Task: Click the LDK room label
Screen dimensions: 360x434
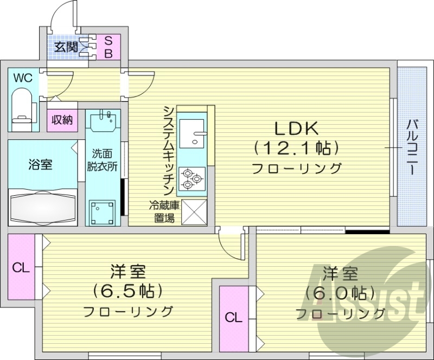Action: tap(296, 128)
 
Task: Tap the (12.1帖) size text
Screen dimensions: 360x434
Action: tap(296, 147)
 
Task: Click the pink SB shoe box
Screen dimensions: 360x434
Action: tap(108, 46)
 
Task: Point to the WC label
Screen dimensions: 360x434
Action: tap(23, 78)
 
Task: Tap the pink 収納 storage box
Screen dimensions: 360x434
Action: tap(62, 119)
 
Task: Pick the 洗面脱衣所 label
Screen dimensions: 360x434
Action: tap(102, 160)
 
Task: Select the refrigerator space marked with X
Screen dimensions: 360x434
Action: tap(194, 211)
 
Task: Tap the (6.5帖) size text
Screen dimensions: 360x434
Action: tap(128, 291)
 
